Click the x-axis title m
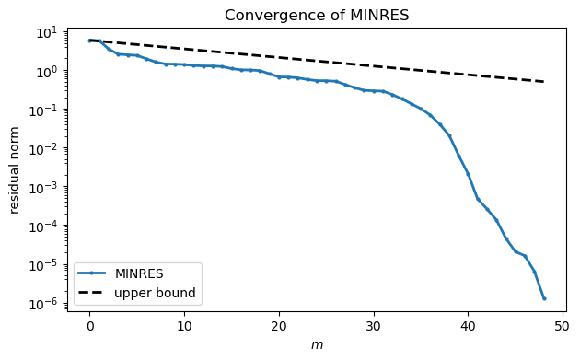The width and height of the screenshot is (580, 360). (317, 345)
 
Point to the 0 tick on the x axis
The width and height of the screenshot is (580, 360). (89, 326)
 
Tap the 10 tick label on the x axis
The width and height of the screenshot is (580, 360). (184, 326)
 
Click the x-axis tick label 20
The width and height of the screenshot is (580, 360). (279, 326)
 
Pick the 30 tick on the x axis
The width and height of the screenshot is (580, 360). (373, 326)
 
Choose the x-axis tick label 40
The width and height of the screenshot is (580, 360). (468, 326)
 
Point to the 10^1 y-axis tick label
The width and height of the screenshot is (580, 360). (46, 32)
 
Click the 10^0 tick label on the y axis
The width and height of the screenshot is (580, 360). (46, 71)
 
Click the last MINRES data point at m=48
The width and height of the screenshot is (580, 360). (543, 298)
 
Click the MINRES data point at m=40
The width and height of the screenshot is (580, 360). (468, 174)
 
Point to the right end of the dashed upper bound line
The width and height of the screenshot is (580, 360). (543, 82)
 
